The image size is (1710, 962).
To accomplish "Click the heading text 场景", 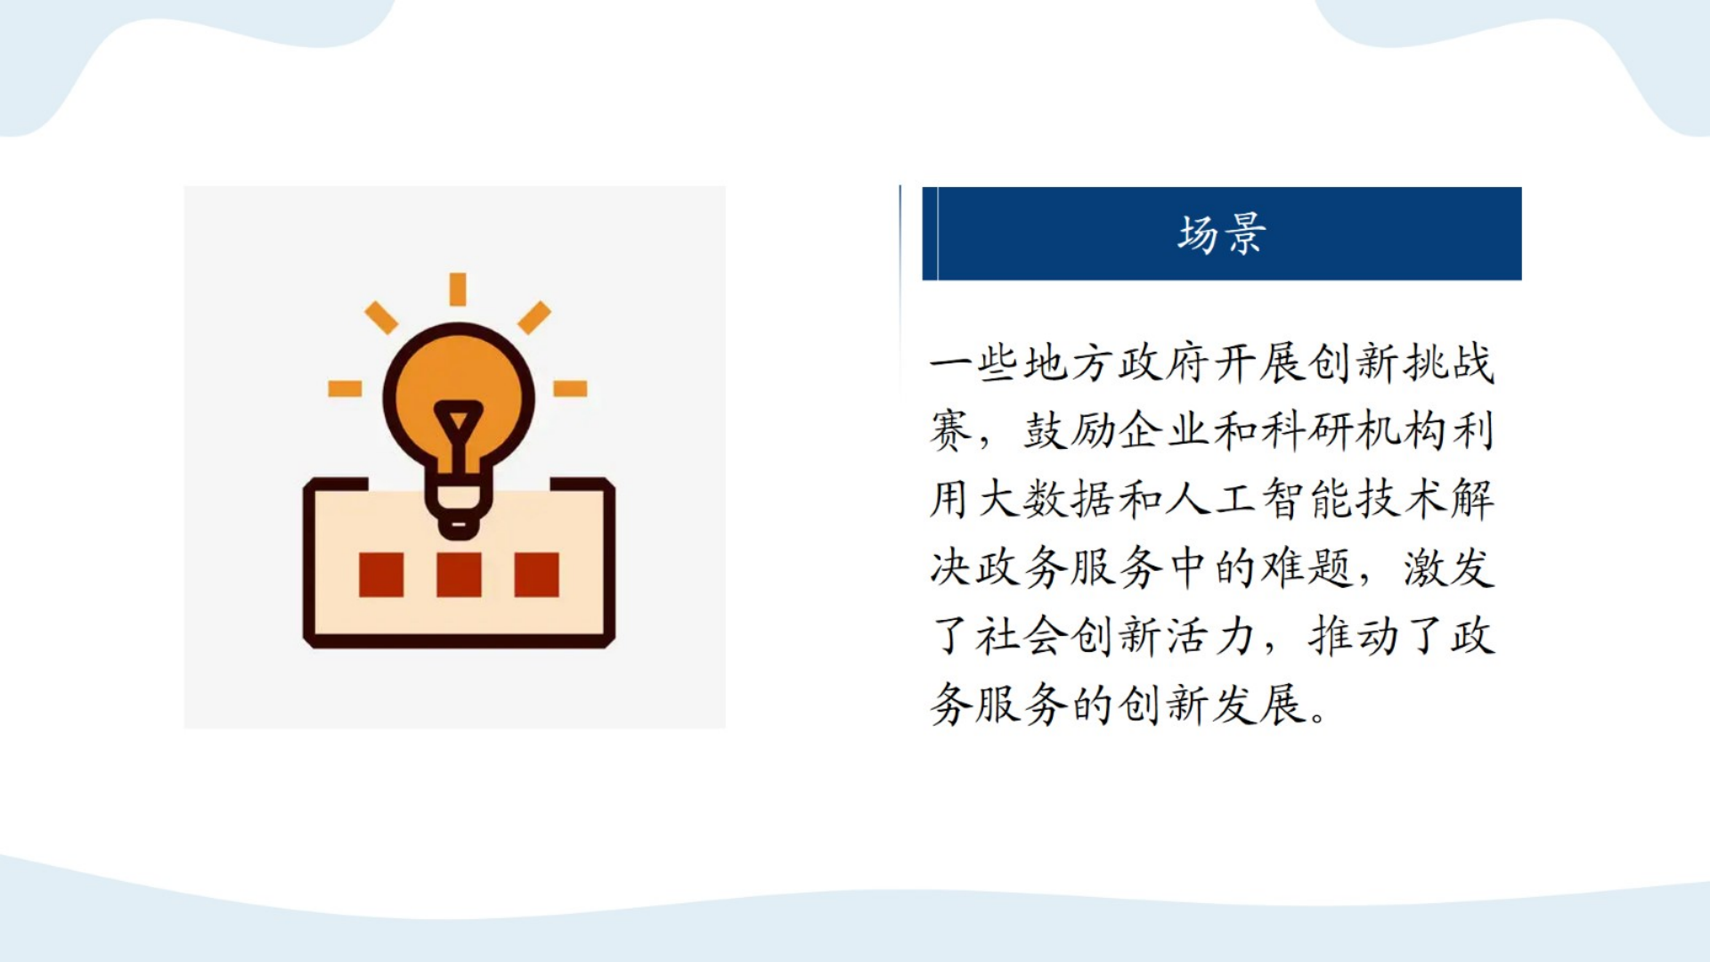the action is point(1221,234).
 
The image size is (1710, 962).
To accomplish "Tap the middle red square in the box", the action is point(459,575).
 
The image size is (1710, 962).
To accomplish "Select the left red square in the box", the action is point(381,575).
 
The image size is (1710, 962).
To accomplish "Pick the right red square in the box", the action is point(537,575).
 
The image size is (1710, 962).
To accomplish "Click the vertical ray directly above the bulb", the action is point(458,289).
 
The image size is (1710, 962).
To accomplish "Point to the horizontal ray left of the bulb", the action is point(345,388).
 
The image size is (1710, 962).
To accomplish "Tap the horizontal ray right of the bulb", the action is point(570,388).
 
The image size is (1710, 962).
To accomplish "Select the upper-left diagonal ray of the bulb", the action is point(381,317).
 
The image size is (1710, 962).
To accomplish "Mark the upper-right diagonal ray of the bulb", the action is point(534,317).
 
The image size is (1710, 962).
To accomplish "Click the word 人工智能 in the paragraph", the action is point(1258,500).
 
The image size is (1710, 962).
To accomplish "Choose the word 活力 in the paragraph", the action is point(1210,637).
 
